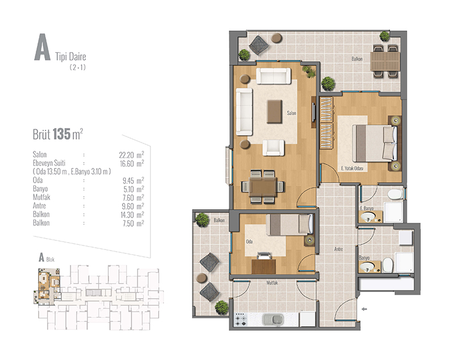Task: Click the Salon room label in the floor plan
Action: point(291,113)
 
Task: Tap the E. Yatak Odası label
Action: point(352,168)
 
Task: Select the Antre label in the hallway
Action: point(338,249)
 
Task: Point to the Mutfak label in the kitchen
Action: point(272,283)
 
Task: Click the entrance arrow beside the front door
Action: point(364,309)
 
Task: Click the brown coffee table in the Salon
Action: point(274,111)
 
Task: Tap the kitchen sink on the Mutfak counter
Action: point(273,319)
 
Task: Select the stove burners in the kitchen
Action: point(241,319)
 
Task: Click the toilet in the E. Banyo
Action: point(395,194)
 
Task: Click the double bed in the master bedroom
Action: point(374,143)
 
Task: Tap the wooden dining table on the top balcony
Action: point(385,61)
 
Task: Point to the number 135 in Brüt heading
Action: point(62,134)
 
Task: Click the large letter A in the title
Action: point(42,47)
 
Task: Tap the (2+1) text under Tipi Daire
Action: point(78,67)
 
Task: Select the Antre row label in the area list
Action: point(39,206)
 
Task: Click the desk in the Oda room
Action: point(263,266)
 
